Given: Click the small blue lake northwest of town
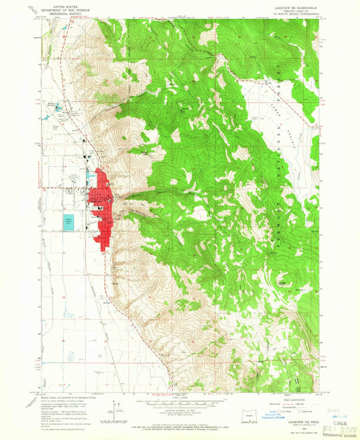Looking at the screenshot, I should tap(57, 107).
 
